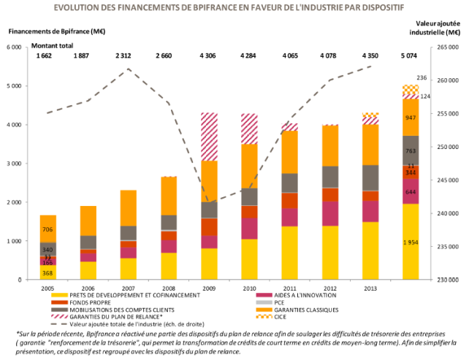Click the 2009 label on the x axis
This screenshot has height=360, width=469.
(x=209, y=288)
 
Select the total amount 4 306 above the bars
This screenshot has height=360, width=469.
(x=209, y=55)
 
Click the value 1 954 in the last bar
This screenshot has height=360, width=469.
(x=411, y=241)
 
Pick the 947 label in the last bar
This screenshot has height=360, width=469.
(x=411, y=118)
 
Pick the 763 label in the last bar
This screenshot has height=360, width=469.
(x=411, y=151)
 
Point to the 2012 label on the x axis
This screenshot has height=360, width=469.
(x=330, y=288)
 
